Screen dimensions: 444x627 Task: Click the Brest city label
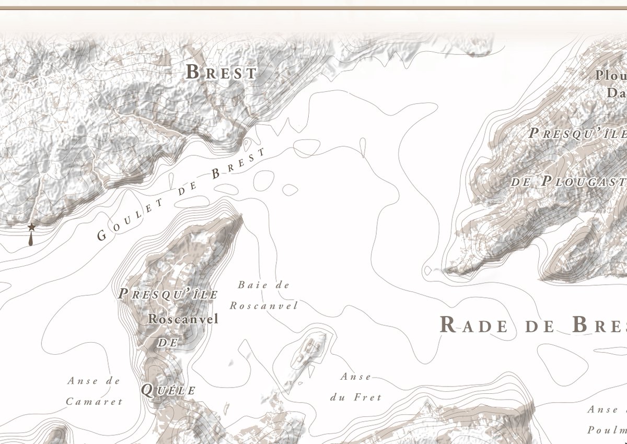(222, 72)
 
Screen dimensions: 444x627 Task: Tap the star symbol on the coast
(31, 227)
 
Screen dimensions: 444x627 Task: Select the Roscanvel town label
(183, 319)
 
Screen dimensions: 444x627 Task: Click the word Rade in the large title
(473, 325)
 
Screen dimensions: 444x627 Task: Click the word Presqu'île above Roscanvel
(168, 294)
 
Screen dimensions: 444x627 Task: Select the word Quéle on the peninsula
(168, 390)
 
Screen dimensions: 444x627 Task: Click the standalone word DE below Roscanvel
(168, 343)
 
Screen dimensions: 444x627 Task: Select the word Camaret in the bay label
(94, 401)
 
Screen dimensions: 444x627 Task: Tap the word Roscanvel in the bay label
(263, 306)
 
